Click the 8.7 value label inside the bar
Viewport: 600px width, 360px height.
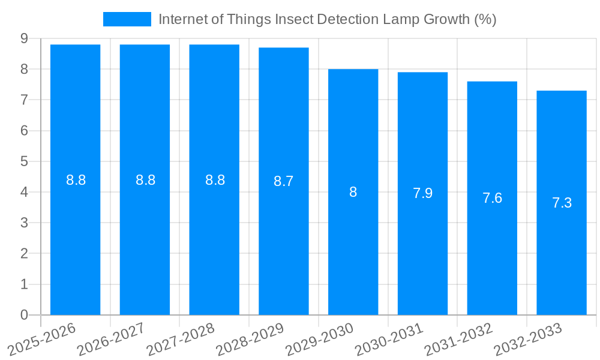(283, 181)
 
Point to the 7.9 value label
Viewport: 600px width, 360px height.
(422, 193)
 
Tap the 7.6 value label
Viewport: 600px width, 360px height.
(492, 198)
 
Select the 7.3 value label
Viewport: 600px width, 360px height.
(562, 203)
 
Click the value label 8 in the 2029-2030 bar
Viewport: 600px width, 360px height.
(353, 192)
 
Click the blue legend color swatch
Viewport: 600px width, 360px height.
(127, 19)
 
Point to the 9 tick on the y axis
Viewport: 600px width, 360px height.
(24, 38)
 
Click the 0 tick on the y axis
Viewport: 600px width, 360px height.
(24, 315)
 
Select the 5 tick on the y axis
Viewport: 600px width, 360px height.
(24, 161)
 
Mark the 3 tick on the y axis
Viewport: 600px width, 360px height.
(24, 223)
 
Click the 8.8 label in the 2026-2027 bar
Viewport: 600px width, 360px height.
(145, 180)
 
